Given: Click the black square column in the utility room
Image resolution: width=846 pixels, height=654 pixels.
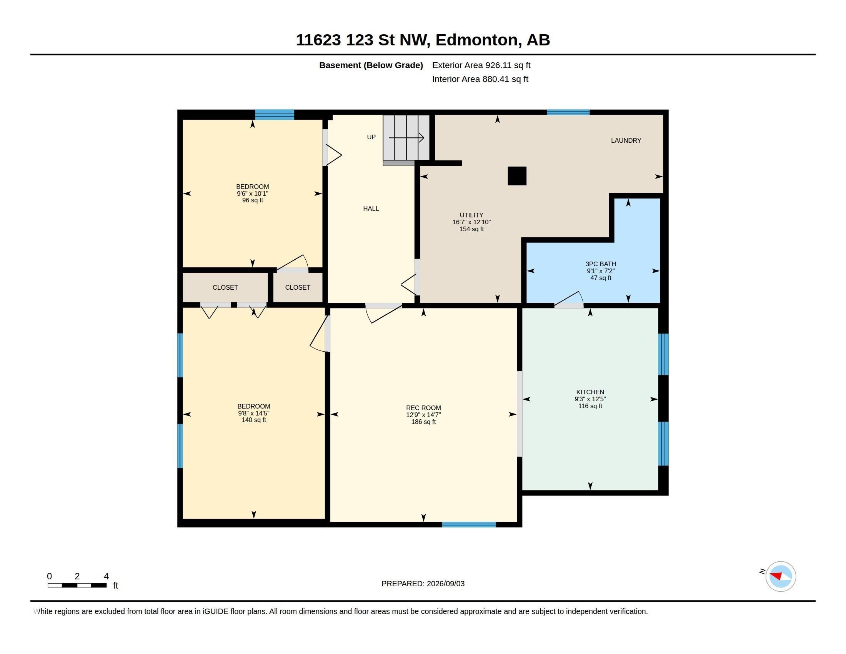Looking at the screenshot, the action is tap(517, 176).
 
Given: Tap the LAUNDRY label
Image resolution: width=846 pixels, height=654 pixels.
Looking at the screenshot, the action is tap(626, 141).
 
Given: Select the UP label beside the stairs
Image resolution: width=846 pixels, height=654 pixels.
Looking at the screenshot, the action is tap(371, 137).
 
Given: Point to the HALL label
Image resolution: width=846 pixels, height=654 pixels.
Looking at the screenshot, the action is tap(371, 209).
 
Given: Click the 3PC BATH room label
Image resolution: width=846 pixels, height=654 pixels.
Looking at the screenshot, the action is tap(601, 264).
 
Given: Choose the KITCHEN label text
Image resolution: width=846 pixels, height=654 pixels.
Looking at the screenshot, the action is tap(590, 392).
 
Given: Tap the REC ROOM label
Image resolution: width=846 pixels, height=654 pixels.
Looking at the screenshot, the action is tap(423, 408).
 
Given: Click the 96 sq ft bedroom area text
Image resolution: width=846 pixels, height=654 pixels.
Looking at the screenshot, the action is tap(253, 200).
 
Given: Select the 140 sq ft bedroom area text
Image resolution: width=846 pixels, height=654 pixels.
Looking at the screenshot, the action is tap(254, 420).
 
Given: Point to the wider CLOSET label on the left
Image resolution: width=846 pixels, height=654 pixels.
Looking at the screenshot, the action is tap(225, 287).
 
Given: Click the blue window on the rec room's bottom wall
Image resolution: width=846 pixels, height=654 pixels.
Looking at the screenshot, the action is tap(469, 525).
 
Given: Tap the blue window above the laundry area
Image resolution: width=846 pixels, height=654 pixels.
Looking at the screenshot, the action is tap(568, 112).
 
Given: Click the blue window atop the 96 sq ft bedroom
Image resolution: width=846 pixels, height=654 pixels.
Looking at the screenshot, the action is tap(275, 115).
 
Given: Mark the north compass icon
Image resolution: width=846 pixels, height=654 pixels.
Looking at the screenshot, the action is tap(780, 577).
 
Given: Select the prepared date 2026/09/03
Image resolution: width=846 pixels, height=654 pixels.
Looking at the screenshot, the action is tap(445, 584).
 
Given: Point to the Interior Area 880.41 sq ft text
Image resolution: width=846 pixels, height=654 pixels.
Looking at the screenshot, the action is tap(480, 79).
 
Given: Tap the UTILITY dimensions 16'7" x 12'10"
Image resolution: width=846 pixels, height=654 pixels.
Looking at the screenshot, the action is tap(471, 222).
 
